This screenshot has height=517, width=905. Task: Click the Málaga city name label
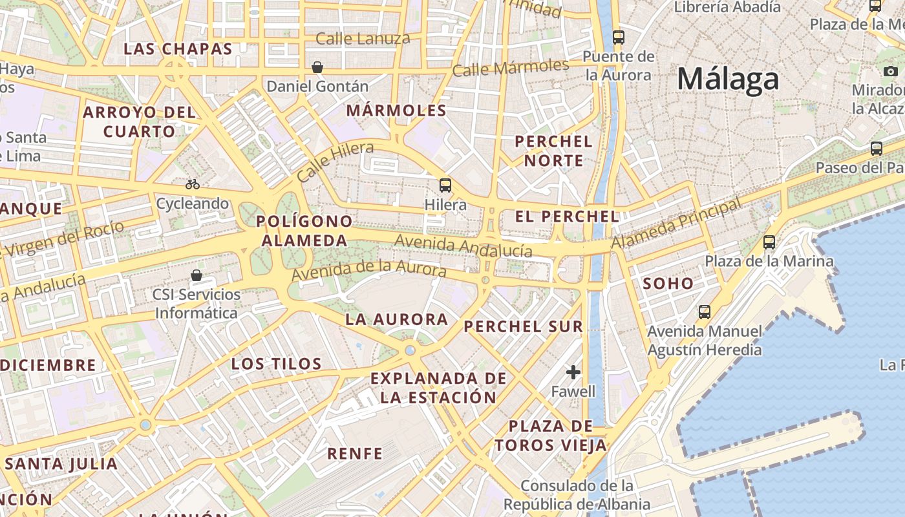[x=728, y=79]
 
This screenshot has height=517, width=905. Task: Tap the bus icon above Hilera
[x=445, y=185]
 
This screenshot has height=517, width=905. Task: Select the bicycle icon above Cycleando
[x=193, y=184]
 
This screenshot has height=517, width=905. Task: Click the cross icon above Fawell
[x=573, y=372]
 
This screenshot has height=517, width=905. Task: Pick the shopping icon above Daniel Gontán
[x=317, y=67]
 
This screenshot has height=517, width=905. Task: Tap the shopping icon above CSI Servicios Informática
[x=197, y=276]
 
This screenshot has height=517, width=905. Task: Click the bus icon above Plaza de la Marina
[x=769, y=242]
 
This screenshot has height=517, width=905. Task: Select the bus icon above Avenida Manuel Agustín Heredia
[x=705, y=312]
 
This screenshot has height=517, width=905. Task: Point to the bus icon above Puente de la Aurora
[x=619, y=37]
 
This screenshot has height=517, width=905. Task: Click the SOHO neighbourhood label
[x=668, y=283]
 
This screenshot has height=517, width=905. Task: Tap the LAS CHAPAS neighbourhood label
[x=178, y=49]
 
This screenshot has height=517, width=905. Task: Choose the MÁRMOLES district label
[x=396, y=111]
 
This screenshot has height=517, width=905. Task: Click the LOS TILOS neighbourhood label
[x=277, y=364]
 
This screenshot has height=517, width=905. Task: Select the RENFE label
[x=355, y=454]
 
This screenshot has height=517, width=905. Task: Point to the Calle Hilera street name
[x=335, y=162]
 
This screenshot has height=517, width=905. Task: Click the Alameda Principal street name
[x=676, y=224]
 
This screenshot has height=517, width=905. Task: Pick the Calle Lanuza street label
[x=363, y=39]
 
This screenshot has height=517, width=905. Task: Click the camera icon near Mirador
[x=891, y=71]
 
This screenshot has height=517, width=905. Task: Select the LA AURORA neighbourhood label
[x=396, y=319]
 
